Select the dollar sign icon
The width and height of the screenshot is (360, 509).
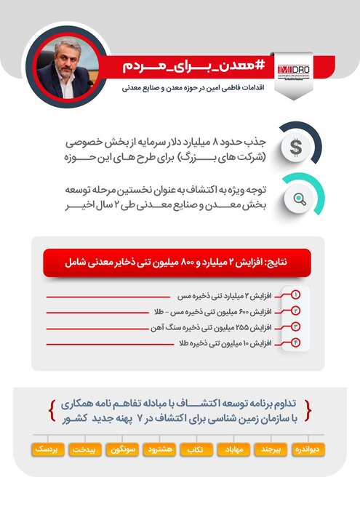click(x=295, y=147)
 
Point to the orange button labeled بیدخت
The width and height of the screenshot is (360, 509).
click(x=87, y=449)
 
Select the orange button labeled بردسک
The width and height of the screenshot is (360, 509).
click(x=49, y=449)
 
